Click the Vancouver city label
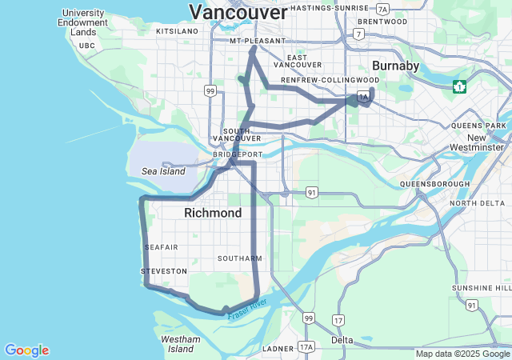238,13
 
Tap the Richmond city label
213,214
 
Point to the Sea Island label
163,171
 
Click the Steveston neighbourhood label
164,271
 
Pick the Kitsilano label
177,31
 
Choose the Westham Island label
180,344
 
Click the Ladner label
278,349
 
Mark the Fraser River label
246,308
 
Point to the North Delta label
478,203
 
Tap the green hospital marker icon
460,86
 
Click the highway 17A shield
306,347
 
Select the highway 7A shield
383,9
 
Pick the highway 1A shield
363,98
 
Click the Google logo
26,350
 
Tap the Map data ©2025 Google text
462,354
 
